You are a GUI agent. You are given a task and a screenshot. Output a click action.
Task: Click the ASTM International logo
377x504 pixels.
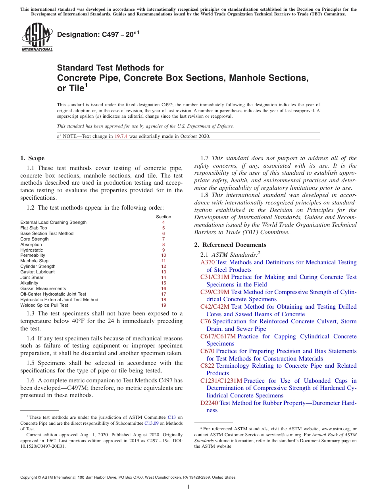37,37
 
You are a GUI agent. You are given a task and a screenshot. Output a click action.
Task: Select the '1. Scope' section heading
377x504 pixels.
32,158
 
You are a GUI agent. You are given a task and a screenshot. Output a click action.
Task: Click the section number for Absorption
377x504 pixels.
163,244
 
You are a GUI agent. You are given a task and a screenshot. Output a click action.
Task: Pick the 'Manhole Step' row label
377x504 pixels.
34,261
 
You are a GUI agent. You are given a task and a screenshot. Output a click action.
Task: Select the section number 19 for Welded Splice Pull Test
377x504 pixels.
163,305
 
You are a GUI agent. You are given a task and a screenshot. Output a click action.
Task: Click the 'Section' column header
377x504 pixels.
163,217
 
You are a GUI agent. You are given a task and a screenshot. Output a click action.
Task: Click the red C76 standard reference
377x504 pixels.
206,321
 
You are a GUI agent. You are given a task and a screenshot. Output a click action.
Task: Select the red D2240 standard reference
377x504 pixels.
209,403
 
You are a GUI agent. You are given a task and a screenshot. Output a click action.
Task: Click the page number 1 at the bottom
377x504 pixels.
188,487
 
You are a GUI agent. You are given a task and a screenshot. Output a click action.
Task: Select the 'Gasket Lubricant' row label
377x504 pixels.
37,272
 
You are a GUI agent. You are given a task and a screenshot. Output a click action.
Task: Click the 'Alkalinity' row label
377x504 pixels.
29,283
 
